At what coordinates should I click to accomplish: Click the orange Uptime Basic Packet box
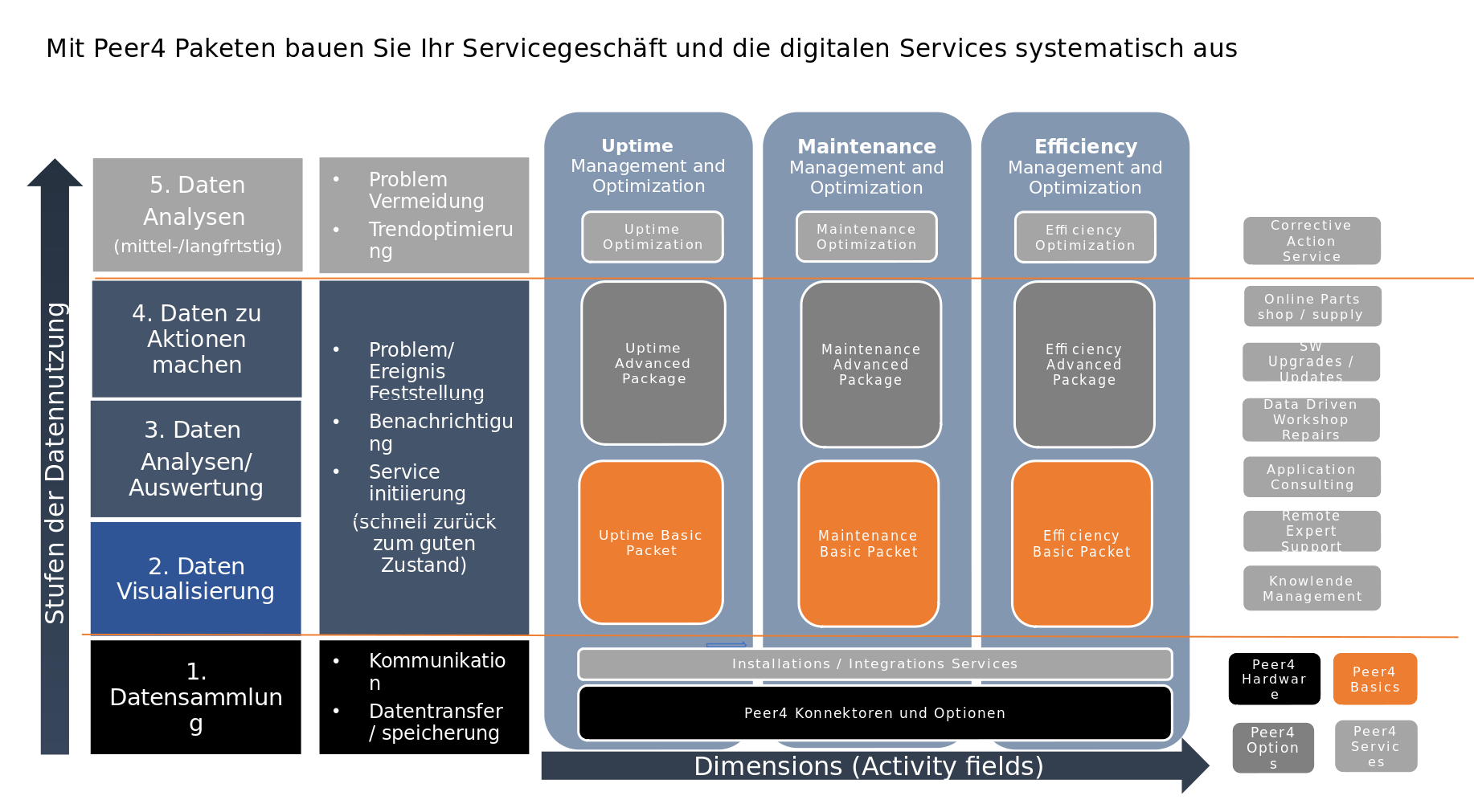(651, 542)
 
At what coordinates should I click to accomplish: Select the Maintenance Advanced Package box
(870, 364)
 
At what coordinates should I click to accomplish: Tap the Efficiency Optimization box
(1085, 237)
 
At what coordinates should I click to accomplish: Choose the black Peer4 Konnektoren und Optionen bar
(874, 712)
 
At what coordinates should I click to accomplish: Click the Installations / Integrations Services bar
(874, 664)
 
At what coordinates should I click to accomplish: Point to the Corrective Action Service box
(1312, 241)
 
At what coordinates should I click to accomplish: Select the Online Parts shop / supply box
(1312, 307)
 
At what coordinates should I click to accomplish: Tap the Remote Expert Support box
(1312, 531)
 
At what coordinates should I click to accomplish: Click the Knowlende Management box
(1312, 588)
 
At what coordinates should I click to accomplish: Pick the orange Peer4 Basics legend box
(1374, 679)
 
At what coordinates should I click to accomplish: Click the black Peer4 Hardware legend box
(1274, 679)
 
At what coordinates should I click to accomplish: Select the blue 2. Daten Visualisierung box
(196, 578)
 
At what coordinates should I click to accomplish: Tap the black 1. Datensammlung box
(196, 696)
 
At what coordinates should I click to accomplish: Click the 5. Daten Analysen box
(198, 214)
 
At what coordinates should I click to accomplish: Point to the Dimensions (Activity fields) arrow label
(868, 766)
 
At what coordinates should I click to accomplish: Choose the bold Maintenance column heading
(866, 146)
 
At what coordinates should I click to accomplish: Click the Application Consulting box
(1312, 477)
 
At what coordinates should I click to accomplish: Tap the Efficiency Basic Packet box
(1082, 544)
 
